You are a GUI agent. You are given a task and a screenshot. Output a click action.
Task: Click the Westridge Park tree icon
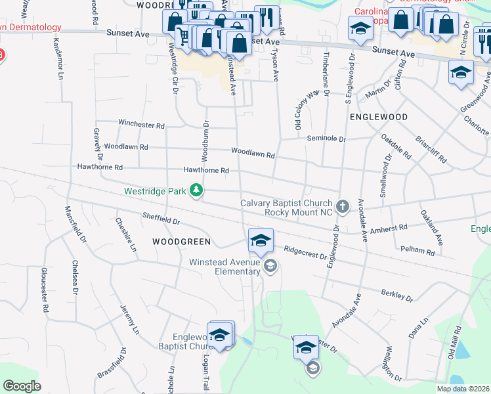pyautogui.click(x=196, y=191)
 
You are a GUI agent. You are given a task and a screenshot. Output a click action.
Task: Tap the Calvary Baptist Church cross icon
pyautogui.click(x=342, y=207)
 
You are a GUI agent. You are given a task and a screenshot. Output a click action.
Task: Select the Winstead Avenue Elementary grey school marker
pyautogui.click(x=270, y=265)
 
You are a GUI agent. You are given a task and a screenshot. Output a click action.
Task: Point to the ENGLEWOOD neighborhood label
pyautogui.click(x=379, y=116)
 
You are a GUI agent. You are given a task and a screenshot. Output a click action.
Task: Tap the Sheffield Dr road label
pyautogui.click(x=161, y=217)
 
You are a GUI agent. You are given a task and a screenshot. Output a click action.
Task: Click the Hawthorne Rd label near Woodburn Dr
pyautogui.click(x=206, y=170)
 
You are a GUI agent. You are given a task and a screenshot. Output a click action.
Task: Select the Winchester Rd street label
pyautogui.click(x=141, y=123)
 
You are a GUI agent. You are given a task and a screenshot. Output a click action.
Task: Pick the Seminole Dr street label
pyautogui.click(x=326, y=139)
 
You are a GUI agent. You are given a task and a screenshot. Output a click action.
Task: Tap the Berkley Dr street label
pyautogui.click(x=397, y=294)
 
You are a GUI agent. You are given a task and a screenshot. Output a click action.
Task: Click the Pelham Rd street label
pyautogui.click(x=421, y=251)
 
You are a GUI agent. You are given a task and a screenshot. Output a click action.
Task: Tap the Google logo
pyautogui.click(x=22, y=386)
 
